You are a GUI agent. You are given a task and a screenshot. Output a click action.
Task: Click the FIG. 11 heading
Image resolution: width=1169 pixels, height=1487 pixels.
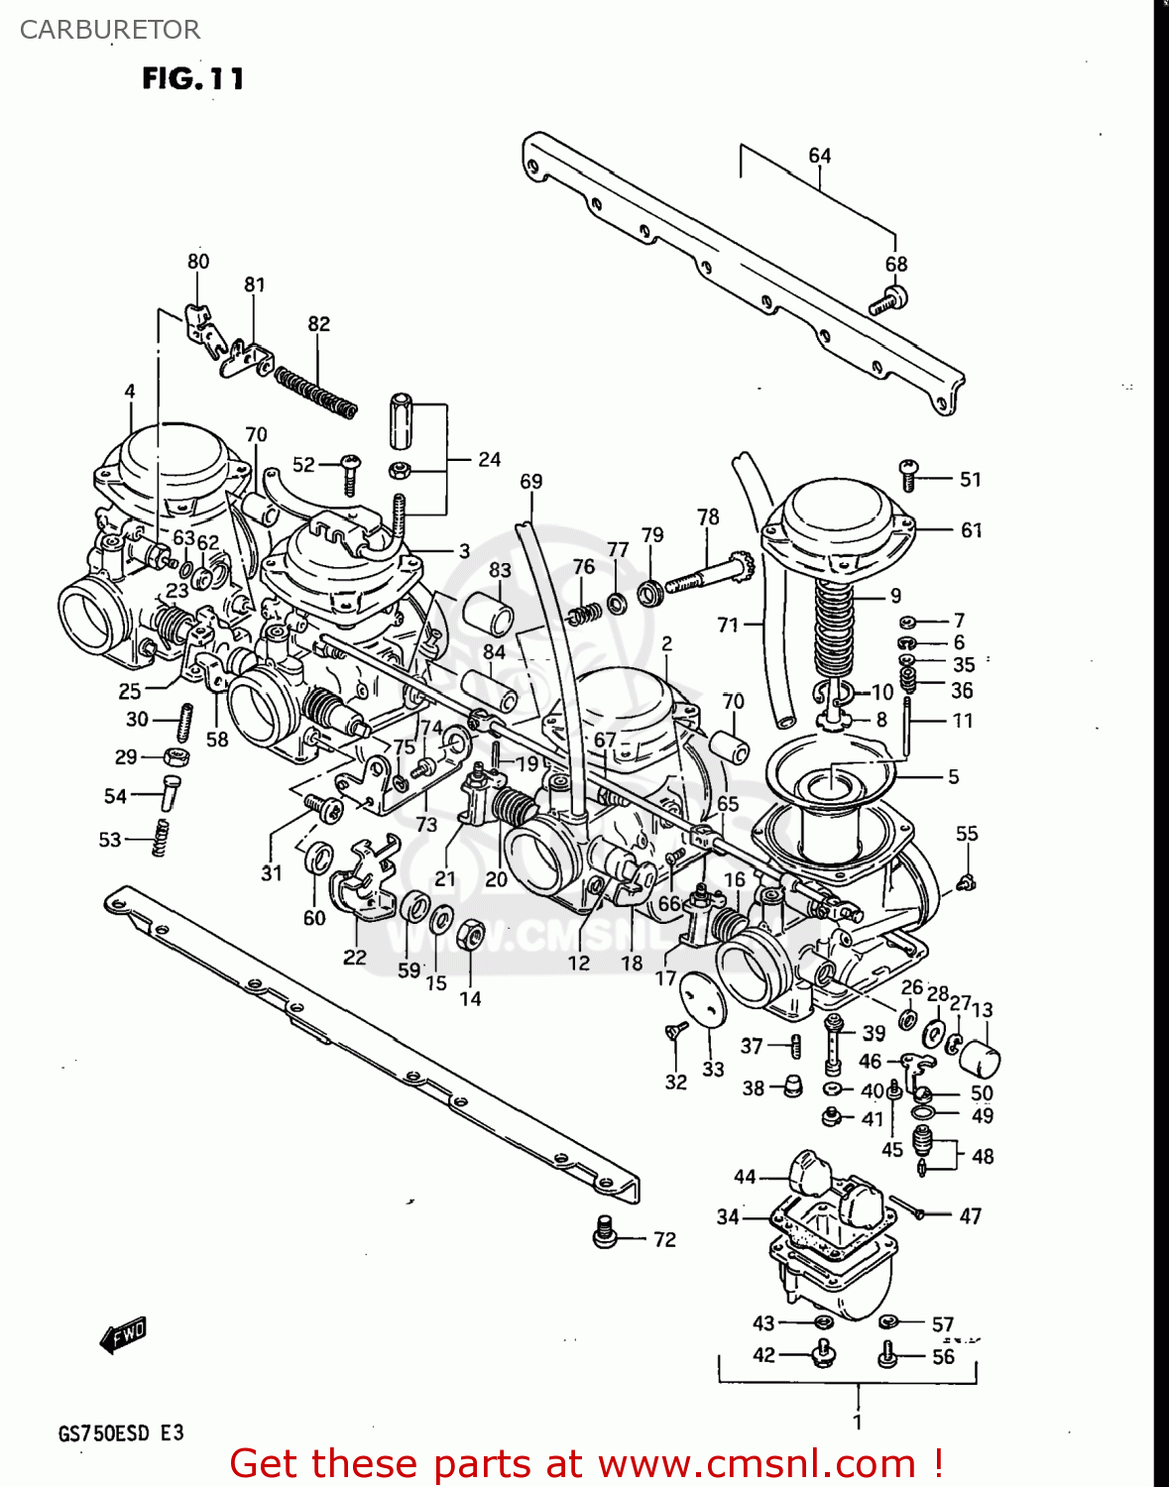(x=192, y=78)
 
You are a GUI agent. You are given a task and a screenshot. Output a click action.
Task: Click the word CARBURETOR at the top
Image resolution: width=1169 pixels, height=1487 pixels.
(x=110, y=30)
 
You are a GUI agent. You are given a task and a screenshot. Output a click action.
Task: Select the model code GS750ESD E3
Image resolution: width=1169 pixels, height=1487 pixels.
(x=121, y=1433)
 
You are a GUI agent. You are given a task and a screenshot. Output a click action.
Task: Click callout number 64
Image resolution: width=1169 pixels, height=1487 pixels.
(x=819, y=156)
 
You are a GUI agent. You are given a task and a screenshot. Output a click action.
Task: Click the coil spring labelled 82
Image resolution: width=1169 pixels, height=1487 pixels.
(x=315, y=393)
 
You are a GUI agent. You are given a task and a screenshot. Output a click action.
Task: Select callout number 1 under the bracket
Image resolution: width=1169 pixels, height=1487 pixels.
(x=857, y=1421)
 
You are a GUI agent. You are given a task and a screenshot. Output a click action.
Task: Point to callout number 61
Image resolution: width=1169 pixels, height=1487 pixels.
(x=971, y=530)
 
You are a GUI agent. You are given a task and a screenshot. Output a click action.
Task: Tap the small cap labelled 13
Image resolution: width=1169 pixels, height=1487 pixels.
(x=980, y=1060)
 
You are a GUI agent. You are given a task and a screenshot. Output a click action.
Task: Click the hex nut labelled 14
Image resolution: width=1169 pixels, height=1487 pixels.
(x=470, y=933)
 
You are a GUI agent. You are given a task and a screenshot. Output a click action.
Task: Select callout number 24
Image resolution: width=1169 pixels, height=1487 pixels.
(x=489, y=459)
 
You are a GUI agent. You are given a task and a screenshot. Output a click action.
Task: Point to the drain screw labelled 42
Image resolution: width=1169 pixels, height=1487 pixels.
(x=822, y=1352)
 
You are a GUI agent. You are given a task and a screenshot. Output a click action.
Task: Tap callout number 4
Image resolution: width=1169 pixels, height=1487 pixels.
(x=130, y=392)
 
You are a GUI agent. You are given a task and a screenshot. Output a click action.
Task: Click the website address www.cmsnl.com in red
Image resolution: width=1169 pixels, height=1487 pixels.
(x=758, y=1464)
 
